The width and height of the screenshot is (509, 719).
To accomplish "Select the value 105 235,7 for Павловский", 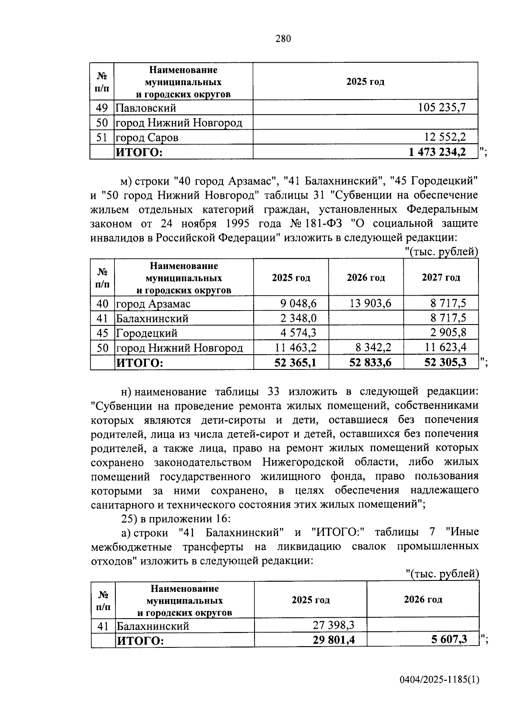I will [x=442, y=108].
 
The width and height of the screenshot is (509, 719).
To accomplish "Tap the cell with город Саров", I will [x=147, y=138].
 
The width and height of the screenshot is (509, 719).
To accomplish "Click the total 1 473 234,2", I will [x=437, y=152].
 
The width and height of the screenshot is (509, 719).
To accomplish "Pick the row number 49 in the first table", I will [x=102, y=108].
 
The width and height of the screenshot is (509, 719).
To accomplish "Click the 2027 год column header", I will [x=441, y=278].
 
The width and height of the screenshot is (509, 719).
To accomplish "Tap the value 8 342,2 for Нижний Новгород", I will [x=373, y=348].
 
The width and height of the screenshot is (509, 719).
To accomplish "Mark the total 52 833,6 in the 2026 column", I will [x=370, y=363].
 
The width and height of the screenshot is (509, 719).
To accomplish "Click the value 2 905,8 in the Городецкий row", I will [x=448, y=333].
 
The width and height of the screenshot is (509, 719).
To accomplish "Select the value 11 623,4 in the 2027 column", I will [x=445, y=348].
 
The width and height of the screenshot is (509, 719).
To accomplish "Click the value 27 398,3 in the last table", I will [x=333, y=625].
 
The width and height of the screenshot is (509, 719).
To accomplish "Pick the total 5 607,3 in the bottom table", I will [x=448, y=639].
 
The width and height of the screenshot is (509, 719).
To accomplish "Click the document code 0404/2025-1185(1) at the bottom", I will [x=439, y=680].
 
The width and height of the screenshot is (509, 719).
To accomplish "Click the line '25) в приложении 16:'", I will [x=176, y=518].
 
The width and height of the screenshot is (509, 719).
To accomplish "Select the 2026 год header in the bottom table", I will [x=422, y=599].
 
